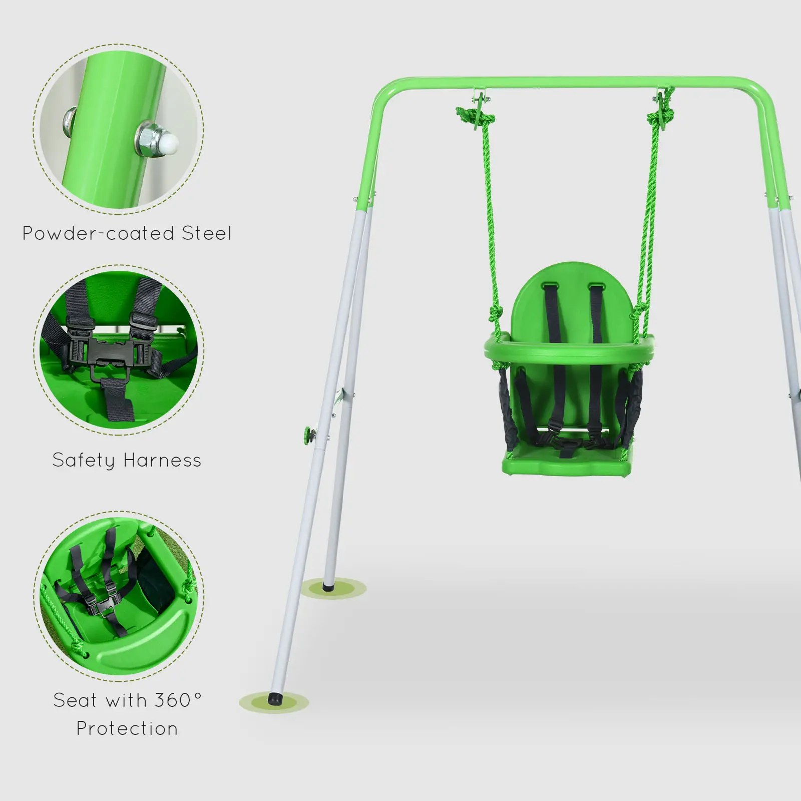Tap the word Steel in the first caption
coord(206,234)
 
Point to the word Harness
coord(162,461)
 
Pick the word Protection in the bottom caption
coord(127,729)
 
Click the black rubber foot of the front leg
coord(274,699)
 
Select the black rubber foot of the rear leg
coord(328,586)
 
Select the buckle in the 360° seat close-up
coord(107,606)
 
